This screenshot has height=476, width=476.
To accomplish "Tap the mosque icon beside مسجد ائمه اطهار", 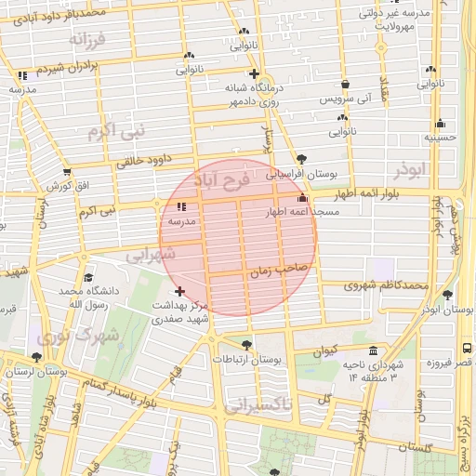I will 301,198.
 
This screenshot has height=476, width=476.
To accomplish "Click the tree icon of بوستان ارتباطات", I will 245,345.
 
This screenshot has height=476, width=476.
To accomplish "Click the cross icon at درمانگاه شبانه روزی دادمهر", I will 253,73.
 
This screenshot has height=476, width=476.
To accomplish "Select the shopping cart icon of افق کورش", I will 66,172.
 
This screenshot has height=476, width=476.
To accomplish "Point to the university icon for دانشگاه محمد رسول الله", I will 88,277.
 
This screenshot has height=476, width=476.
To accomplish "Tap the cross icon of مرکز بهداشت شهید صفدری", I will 179,291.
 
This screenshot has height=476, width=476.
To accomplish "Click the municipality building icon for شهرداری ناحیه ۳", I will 373,351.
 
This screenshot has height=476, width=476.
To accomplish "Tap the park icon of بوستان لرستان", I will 36,356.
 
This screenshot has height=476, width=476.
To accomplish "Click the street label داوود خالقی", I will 146,159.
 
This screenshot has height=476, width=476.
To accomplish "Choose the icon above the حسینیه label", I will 440,124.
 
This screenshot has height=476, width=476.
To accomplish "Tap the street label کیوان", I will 324,350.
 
